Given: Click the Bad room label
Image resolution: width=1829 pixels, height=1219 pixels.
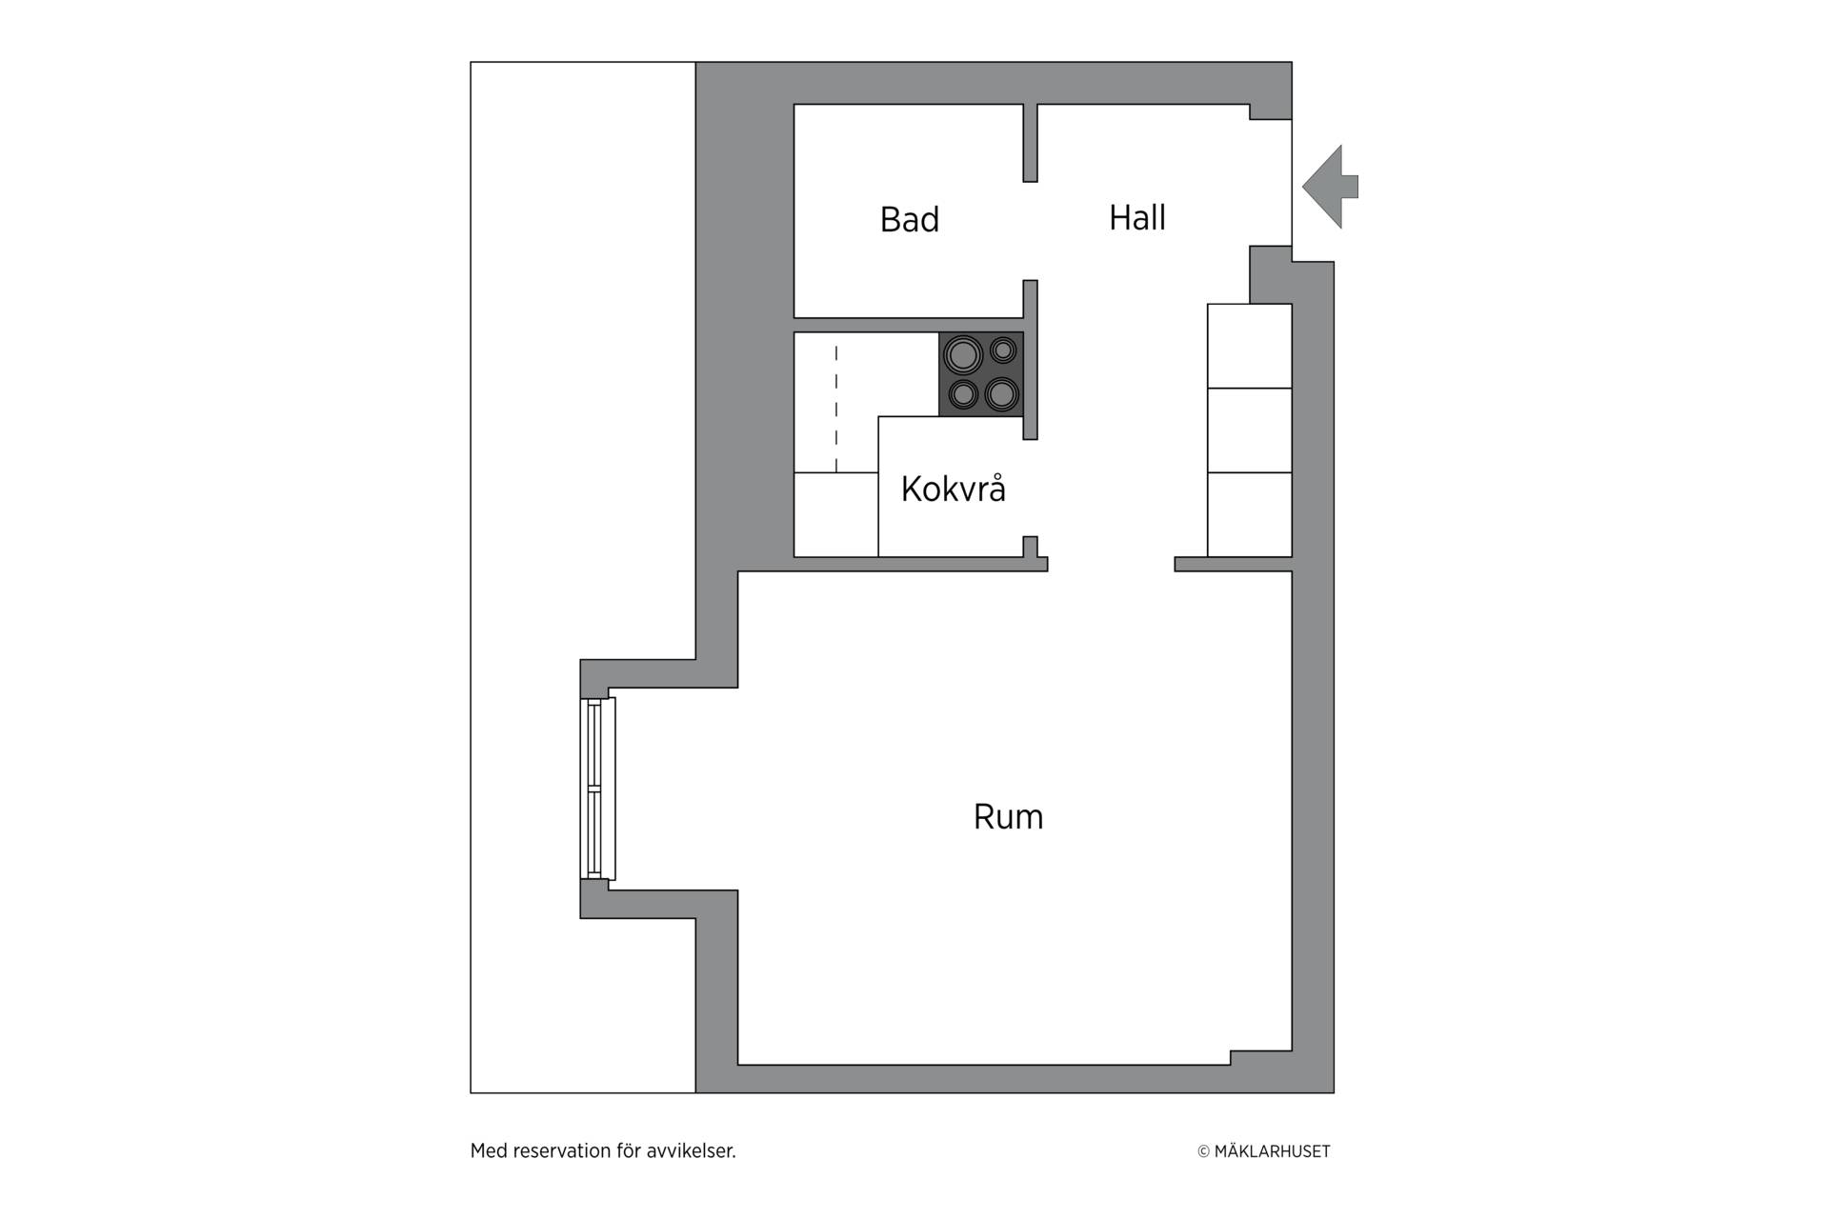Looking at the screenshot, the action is (x=910, y=220).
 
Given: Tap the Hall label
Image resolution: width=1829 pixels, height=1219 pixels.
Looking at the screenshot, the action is (x=1137, y=218).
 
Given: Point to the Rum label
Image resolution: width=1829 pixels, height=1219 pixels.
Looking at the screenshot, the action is (x=1009, y=817).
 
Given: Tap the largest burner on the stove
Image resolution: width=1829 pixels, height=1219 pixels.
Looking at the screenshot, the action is (x=962, y=356).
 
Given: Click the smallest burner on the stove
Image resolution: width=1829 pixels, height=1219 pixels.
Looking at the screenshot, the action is (x=1003, y=350).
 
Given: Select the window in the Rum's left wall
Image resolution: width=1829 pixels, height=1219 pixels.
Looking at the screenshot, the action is (x=598, y=789).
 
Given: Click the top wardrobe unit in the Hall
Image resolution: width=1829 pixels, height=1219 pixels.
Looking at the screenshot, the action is (x=1250, y=346).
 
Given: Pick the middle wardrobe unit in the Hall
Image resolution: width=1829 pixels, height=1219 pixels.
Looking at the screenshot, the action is (x=1250, y=430).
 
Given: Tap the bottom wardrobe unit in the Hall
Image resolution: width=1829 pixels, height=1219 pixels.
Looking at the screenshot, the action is (x=1250, y=514).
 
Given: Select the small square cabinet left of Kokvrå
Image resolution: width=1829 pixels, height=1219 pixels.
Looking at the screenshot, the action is (x=836, y=514).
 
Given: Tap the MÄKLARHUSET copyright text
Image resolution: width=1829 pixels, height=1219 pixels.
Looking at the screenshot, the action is (x=1264, y=1151).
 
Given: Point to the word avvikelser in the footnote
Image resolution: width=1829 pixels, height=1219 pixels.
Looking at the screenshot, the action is (x=692, y=1150).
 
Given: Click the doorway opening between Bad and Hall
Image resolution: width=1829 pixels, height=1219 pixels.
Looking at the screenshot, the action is (x=1030, y=230).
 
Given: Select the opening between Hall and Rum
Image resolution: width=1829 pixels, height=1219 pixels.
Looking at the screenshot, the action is (x=1112, y=564).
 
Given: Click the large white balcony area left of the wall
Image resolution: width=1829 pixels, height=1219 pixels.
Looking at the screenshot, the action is (x=583, y=381).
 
